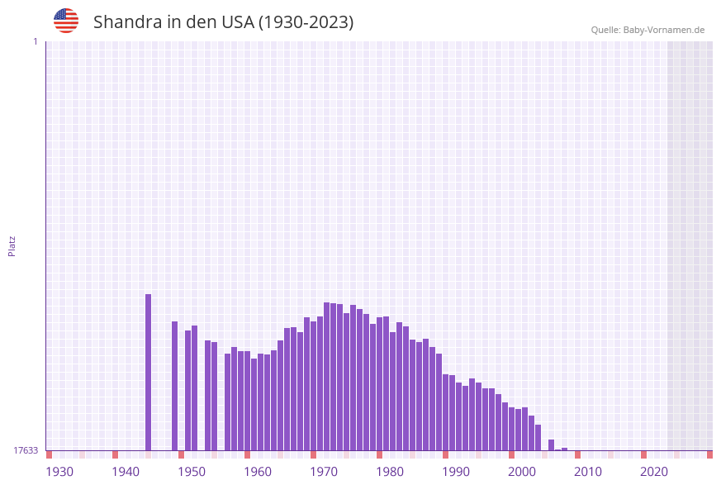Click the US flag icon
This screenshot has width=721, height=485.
(66, 21)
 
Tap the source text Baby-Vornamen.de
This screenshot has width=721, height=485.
(664, 30)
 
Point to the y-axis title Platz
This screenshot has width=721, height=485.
(12, 245)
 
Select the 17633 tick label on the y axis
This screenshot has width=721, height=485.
(26, 450)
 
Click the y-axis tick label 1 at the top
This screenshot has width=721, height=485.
(36, 41)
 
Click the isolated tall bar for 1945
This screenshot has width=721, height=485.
(149, 372)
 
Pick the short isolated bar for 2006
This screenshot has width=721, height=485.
(552, 445)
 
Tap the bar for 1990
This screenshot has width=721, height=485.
(446, 412)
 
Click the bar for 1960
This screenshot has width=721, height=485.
(248, 401)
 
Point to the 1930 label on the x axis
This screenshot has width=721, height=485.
(59, 472)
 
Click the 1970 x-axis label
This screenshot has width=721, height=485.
(324, 472)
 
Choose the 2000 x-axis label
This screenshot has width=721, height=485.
(522, 472)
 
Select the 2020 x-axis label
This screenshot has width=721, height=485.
(654, 472)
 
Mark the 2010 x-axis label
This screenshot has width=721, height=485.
(588, 472)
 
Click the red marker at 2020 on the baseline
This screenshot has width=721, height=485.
(644, 454)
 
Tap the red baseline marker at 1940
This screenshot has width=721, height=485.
(116, 454)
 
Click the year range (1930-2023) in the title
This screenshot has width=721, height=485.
(306, 22)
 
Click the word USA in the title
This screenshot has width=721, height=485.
(238, 22)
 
